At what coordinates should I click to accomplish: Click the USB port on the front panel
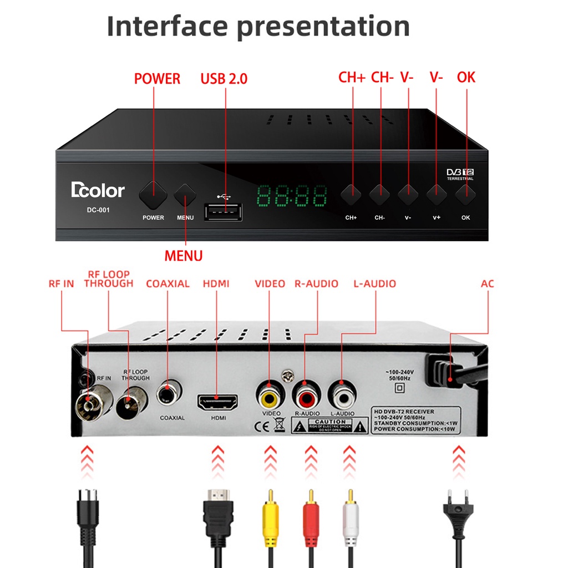[224, 212]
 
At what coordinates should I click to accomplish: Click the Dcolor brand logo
[98, 190]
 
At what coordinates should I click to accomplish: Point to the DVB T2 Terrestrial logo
[460, 174]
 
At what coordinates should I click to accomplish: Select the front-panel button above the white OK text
[465, 194]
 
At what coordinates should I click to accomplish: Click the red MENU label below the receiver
[184, 256]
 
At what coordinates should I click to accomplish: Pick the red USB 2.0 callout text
[224, 79]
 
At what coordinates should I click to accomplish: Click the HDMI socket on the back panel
[217, 402]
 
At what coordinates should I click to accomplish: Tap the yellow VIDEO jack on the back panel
[270, 395]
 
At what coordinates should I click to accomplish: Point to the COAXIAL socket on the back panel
[168, 394]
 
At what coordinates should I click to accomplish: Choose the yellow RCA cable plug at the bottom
[270, 516]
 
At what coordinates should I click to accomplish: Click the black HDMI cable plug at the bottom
[218, 513]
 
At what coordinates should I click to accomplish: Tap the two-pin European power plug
[458, 510]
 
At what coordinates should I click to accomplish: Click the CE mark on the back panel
[262, 427]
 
